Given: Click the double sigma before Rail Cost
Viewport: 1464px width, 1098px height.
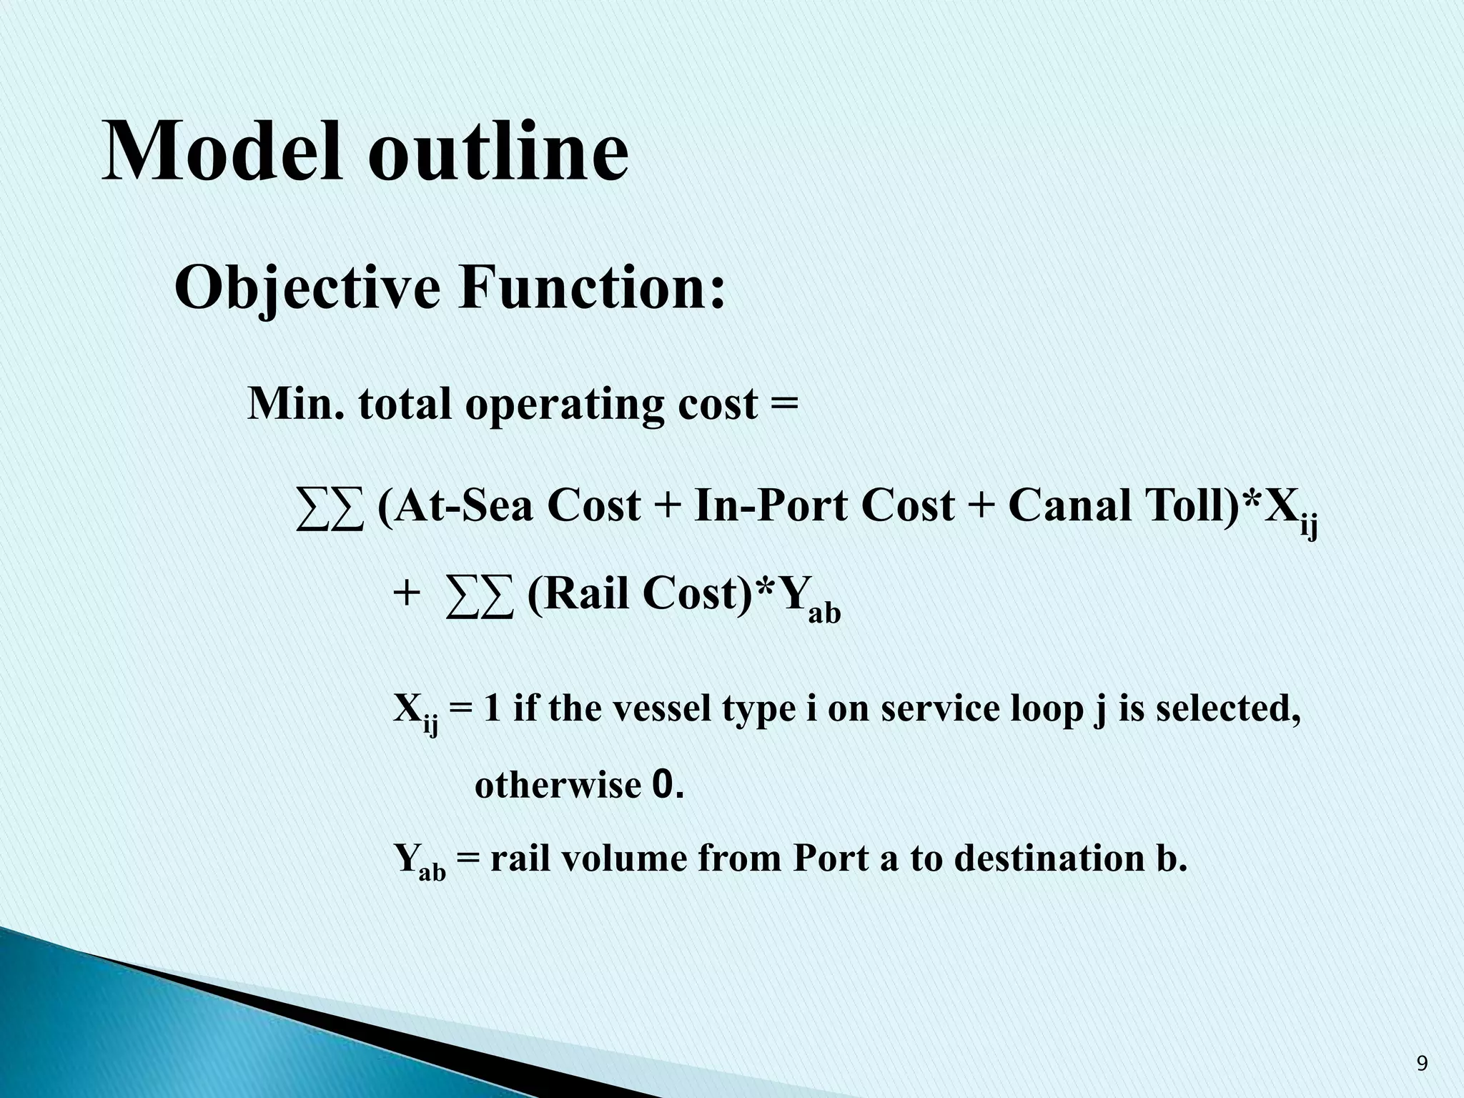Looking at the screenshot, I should pos(479,595).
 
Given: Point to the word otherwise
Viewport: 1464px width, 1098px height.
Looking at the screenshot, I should pos(557,786).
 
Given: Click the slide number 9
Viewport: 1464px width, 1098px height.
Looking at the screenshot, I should pos(1422,1064).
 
